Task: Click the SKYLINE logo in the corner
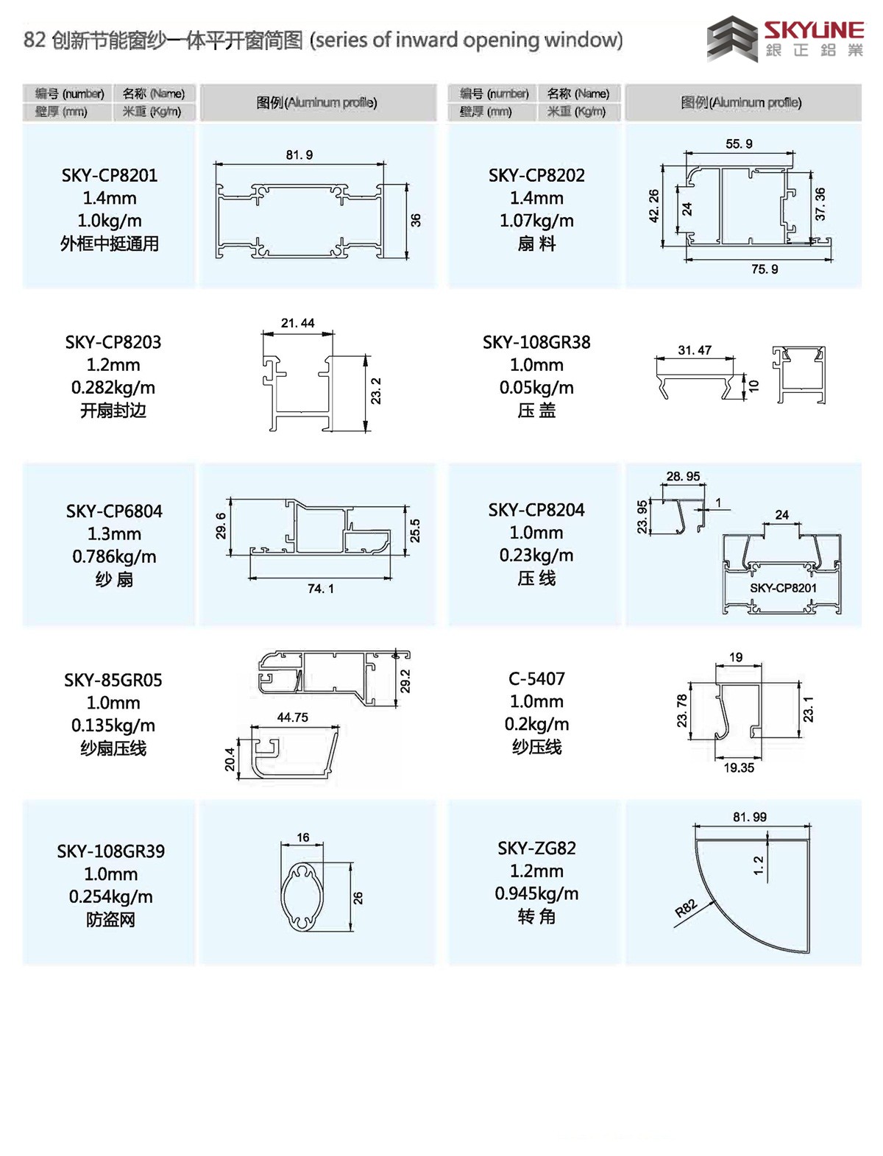click(x=784, y=38)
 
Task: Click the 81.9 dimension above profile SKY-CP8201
click(x=299, y=155)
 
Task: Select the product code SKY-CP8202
click(x=536, y=175)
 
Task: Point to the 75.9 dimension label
click(x=765, y=269)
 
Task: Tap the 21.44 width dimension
click(x=297, y=323)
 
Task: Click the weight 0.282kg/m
click(x=113, y=388)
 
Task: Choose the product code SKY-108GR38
click(x=536, y=342)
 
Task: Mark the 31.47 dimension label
click(x=695, y=350)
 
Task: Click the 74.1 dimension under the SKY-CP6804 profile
click(x=321, y=588)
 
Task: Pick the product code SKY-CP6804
click(x=114, y=511)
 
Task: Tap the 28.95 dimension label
click(x=683, y=476)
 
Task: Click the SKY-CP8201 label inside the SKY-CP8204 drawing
click(x=783, y=588)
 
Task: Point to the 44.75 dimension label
click(x=293, y=717)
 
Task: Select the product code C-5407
click(x=536, y=678)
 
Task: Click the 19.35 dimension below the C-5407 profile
click(x=739, y=767)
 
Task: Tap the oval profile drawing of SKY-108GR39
click(x=302, y=897)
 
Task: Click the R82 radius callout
click(x=687, y=908)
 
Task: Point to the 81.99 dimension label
click(x=749, y=817)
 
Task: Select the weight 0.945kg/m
click(x=536, y=893)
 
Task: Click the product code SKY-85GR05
click(x=113, y=680)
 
